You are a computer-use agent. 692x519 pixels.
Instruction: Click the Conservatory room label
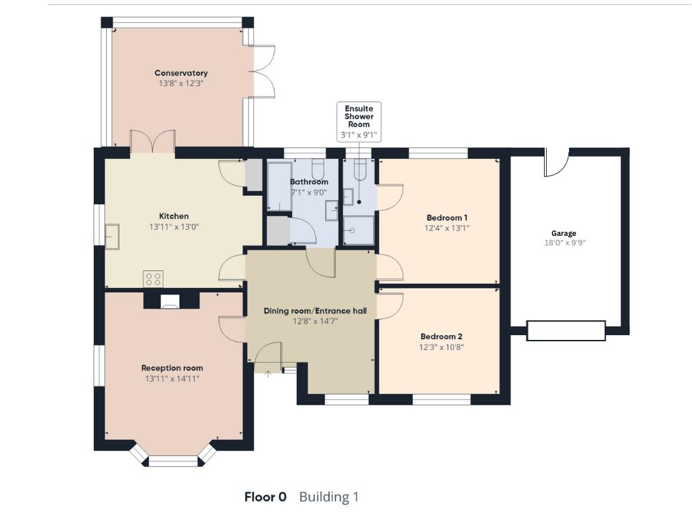tap(181, 73)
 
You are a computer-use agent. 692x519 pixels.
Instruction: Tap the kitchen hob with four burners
tap(153, 278)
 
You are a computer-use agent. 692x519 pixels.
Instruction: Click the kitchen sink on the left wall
tap(112, 234)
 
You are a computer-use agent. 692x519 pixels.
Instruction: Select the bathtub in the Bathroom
tap(278, 186)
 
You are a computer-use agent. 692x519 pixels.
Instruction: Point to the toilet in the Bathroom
tap(319, 168)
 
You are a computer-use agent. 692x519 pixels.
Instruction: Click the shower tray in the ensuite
tap(358, 230)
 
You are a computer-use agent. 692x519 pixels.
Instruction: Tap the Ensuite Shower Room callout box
tap(359, 122)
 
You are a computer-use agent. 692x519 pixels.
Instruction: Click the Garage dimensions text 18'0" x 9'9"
tap(564, 243)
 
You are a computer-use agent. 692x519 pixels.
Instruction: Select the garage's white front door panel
tap(565, 330)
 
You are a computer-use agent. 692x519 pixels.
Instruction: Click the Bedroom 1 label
tap(447, 218)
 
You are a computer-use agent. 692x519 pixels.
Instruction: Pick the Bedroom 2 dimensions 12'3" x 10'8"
tap(442, 347)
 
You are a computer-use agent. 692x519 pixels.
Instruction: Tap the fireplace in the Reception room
tap(171, 301)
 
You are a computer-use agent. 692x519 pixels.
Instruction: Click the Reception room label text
tap(172, 368)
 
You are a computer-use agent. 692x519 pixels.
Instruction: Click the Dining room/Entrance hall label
tap(315, 311)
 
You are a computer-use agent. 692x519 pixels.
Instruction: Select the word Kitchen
tap(174, 216)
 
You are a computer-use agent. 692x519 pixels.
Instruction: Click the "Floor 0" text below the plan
tap(265, 497)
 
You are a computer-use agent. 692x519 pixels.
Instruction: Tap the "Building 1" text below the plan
tap(328, 497)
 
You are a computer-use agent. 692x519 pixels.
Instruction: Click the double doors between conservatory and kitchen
tap(153, 142)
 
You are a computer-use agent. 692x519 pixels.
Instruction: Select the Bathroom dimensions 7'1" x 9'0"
tap(309, 192)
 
